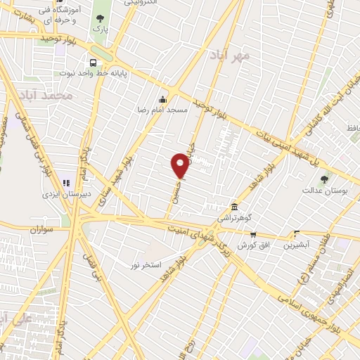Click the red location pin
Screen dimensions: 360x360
[181, 165]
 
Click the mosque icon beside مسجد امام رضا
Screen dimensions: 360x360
[163, 99]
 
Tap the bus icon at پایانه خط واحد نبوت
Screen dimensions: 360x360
[94, 61]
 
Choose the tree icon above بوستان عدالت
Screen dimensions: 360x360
[324, 179]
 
